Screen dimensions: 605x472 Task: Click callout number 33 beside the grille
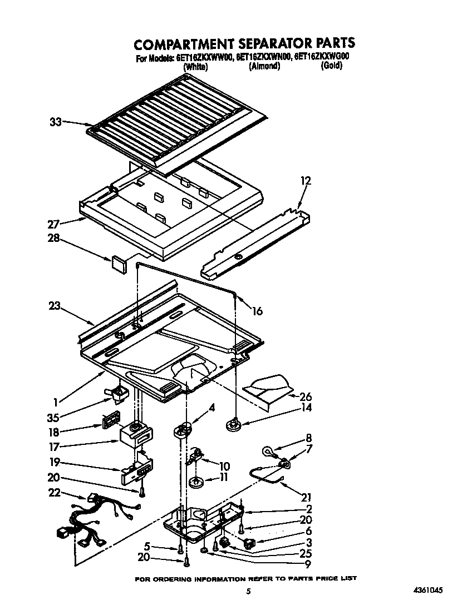[55, 122]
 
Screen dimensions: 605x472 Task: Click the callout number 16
[257, 311]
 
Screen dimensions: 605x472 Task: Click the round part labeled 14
[232, 426]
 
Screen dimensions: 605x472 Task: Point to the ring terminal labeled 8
[268, 452]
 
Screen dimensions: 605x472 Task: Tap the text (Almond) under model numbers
[264, 66]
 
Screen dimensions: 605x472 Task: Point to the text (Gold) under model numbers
[331, 66]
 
